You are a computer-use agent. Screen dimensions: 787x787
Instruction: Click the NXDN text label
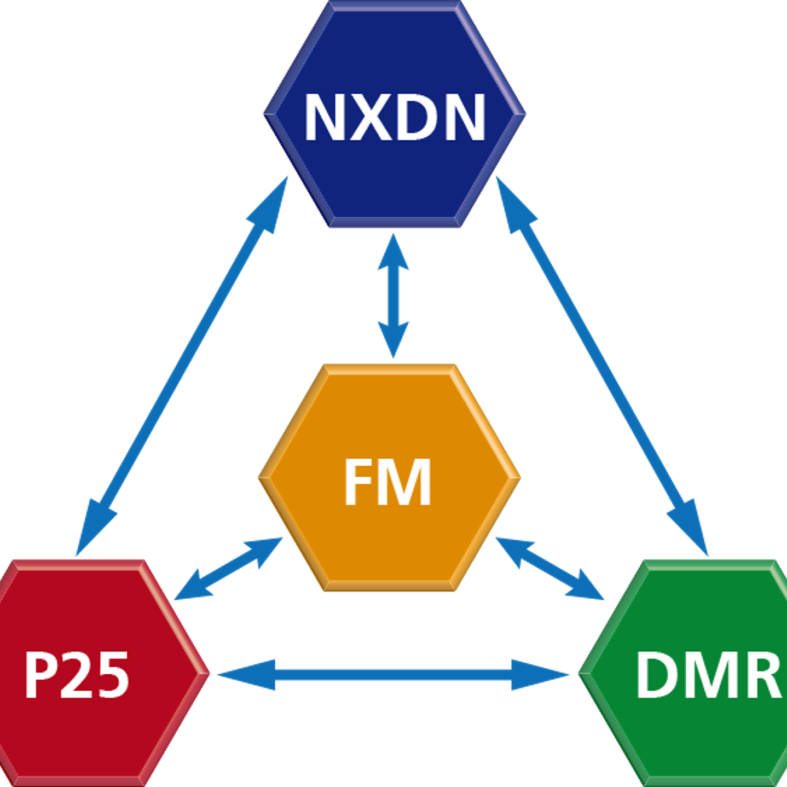(x=394, y=117)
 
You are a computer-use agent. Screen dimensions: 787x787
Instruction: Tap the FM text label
(x=387, y=482)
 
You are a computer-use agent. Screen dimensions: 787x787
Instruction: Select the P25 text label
(x=77, y=675)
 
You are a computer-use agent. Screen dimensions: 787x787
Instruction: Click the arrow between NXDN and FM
(x=393, y=296)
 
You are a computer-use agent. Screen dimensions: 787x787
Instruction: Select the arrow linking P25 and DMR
(x=393, y=675)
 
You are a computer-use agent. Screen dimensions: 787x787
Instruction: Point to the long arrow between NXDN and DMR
(x=602, y=364)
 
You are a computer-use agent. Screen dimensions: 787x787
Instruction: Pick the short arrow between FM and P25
(x=228, y=569)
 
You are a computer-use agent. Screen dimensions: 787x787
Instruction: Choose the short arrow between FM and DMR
(x=550, y=569)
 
